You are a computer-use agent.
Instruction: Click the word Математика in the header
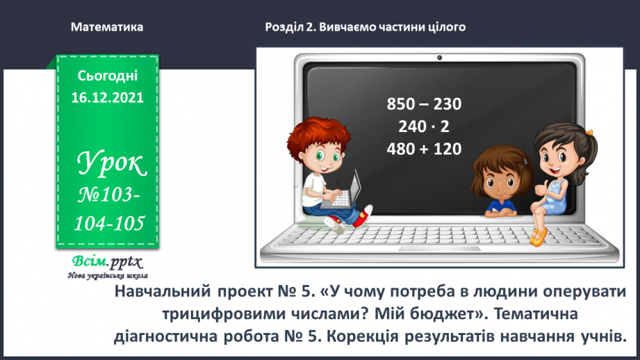tap(107, 27)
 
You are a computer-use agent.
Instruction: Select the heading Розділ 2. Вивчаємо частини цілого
tap(365, 27)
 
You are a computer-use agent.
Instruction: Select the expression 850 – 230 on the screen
tap(424, 104)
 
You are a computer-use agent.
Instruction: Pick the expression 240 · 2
tap(424, 126)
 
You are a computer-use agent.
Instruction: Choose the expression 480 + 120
tap(424, 149)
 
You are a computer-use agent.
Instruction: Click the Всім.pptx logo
tap(106, 262)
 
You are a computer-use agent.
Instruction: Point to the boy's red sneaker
tap(336, 224)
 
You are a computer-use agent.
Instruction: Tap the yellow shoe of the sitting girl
tap(536, 237)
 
